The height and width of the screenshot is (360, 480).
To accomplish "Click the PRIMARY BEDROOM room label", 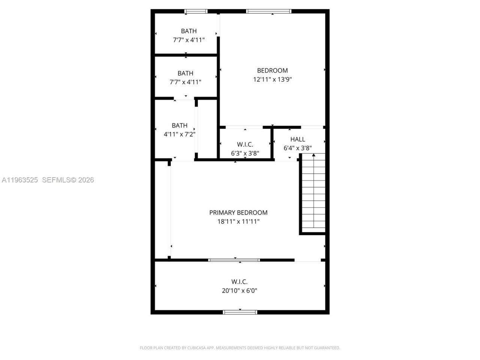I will (238, 213).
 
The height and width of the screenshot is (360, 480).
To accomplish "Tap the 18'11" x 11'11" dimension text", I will (238, 222).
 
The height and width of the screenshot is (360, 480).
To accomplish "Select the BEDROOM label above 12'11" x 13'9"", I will (272, 70).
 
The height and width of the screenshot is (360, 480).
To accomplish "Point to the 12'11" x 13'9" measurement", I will (272, 79).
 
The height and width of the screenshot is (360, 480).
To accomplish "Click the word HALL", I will (297, 139).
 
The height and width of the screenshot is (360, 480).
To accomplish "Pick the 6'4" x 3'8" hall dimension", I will (297, 148).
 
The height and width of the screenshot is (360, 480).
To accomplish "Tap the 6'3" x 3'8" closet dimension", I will (245, 153).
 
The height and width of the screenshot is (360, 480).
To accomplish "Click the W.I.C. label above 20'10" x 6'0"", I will (239, 282).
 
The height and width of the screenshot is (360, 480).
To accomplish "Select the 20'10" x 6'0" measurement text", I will (239, 291).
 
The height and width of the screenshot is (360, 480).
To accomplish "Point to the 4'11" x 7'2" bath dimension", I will (179, 134).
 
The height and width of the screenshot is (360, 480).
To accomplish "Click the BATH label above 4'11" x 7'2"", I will (179, 126).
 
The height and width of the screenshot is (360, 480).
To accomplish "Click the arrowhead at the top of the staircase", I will (313, 154).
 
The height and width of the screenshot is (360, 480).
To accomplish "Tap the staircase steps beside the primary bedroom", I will (313, 195).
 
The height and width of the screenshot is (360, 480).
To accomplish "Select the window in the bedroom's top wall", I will (268, 11).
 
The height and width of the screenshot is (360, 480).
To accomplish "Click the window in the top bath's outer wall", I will (196, 11).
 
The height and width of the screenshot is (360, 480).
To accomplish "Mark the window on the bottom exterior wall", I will (240, 312).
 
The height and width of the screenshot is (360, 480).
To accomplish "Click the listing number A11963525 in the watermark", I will (20, 180).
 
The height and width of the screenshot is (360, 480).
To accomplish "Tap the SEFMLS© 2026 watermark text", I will (68, 180).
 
